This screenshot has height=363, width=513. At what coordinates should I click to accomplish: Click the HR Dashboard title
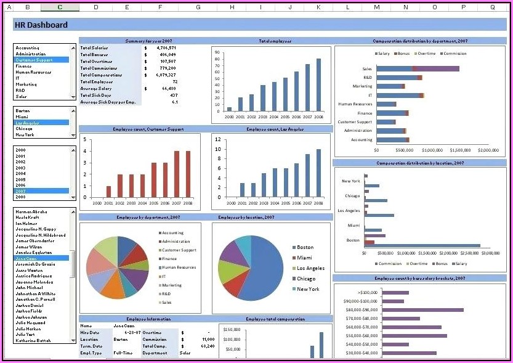click(x=41, y=25)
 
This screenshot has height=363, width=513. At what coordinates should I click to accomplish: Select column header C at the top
click(x=59, y=7)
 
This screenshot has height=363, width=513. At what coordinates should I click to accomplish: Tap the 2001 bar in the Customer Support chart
click(x=108, y=191)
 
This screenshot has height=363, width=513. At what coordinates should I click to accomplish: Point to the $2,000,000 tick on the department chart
click(x=488, y=150)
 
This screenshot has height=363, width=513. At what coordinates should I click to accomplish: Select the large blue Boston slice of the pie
click(x=265, y=268)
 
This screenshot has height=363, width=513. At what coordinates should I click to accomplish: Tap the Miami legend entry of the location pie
click(x=304, y=258)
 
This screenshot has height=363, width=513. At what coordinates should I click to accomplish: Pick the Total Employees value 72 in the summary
click(x=175, y=82)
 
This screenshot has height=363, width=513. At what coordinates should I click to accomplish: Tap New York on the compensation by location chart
click(x=351, y=181)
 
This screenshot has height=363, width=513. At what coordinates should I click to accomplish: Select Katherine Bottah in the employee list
click(x=34, y=340)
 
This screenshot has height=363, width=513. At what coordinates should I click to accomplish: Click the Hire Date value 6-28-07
click(x=122, y=332)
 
